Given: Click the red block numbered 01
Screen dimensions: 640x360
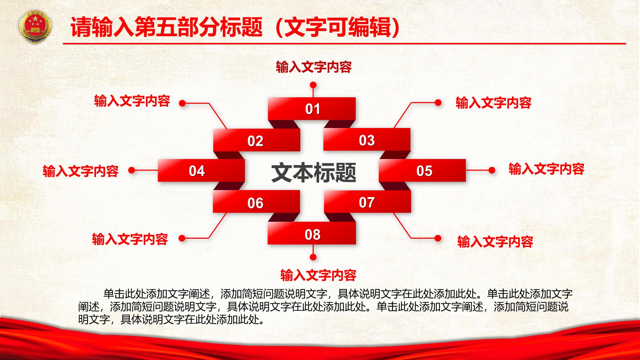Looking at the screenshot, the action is tap(312, 109).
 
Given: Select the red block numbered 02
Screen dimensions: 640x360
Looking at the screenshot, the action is tap(257, 140).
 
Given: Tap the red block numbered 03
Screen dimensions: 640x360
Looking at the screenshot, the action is tap(367, 140).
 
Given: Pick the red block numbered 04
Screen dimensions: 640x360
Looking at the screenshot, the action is tap(201, 171).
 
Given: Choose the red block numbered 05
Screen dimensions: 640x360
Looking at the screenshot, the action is tap(422, 170).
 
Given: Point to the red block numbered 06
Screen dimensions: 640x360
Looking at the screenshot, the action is tap(256, 202).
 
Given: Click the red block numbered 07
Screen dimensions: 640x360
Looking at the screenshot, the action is tap(368, 201).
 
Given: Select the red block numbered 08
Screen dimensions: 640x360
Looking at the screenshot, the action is tap(312, 233).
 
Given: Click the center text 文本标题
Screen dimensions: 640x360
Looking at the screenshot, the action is tap(314, 173).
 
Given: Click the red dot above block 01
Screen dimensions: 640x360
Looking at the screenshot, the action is tap(313, 85).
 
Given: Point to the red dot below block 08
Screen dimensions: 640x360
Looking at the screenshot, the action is tap(313, 257).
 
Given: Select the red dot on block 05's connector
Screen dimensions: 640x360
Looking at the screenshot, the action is tap(492, 171).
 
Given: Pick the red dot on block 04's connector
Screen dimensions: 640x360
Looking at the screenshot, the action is tap(132, 171).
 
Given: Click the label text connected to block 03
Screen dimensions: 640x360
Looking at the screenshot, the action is tap(494, 103).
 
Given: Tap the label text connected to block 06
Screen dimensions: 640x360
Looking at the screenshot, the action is tap(130, 239).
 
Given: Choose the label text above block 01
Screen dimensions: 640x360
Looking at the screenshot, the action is tap(314, 67).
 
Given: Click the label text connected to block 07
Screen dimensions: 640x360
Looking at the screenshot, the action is tap(495, 242).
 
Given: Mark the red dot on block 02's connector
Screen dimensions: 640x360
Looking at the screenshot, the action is tap(182, 103).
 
